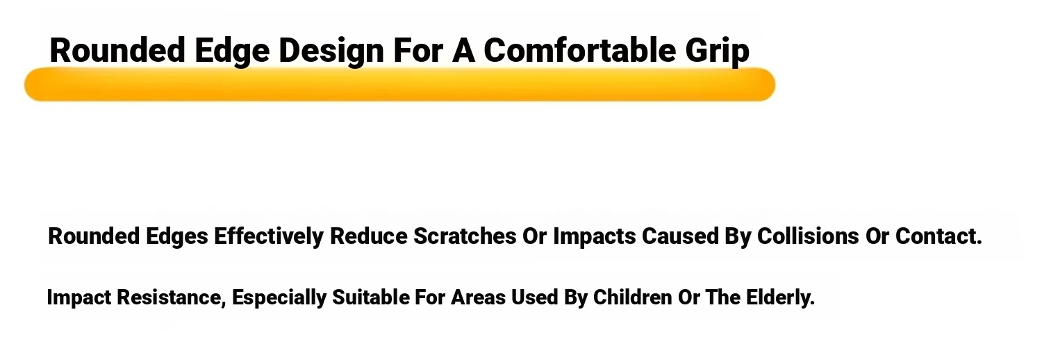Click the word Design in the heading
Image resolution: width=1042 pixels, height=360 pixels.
point(331,52)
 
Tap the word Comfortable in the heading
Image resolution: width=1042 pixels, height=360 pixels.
point(579,50)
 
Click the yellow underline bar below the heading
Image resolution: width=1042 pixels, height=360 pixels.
point(399,84)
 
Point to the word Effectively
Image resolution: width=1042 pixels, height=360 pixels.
point(269,236)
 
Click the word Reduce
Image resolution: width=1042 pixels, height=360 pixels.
point(368,236)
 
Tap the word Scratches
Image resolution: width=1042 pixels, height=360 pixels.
point(465,236)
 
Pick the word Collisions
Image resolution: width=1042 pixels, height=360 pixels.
point(808,236)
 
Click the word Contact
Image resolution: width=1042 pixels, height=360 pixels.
point(938,236)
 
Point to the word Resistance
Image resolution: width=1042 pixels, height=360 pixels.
point(171,297)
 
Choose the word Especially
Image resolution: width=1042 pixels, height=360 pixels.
point(279,298)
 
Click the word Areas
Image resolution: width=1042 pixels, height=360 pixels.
point(478,297)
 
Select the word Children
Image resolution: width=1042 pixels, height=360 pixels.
point(633,297)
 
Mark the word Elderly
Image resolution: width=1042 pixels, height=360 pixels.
point(781,298)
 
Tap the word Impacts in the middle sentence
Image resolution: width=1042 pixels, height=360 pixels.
point(595,237)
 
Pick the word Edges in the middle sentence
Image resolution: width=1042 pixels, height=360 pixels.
point(176,237)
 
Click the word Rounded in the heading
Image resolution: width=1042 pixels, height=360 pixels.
point(117,50)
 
